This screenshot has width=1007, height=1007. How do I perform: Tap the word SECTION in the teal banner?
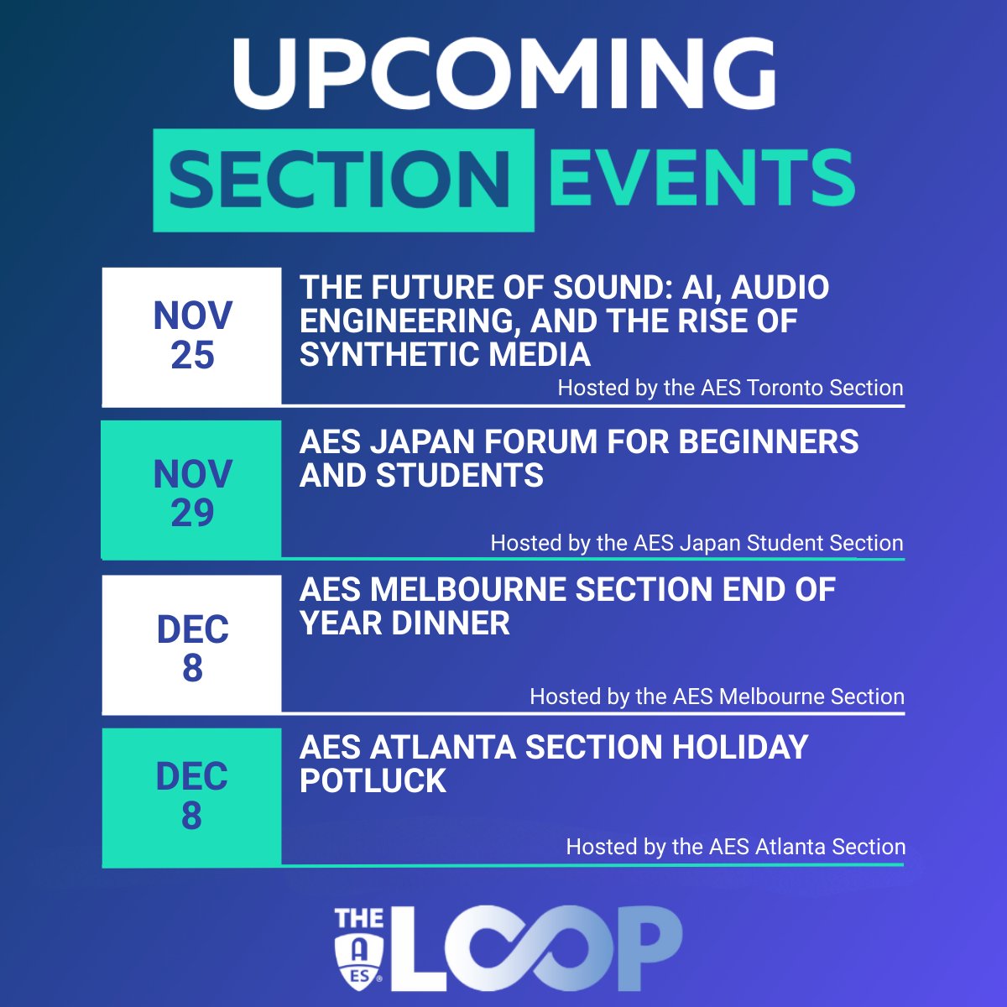pos(342,180)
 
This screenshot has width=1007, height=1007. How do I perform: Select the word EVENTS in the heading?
pos(701,178)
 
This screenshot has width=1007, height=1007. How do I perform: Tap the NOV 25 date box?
pos(192,337)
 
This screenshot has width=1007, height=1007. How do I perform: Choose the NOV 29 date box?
pos(192,492)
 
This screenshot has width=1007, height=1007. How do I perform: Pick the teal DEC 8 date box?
pos(192,796)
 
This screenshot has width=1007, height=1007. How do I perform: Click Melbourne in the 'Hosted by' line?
pos(770,697)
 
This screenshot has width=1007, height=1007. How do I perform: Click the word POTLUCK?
pos(373,781)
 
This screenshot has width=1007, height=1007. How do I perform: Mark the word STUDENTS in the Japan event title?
pos(460,476)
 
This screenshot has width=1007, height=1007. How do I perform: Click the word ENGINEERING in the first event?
pos(409,321)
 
